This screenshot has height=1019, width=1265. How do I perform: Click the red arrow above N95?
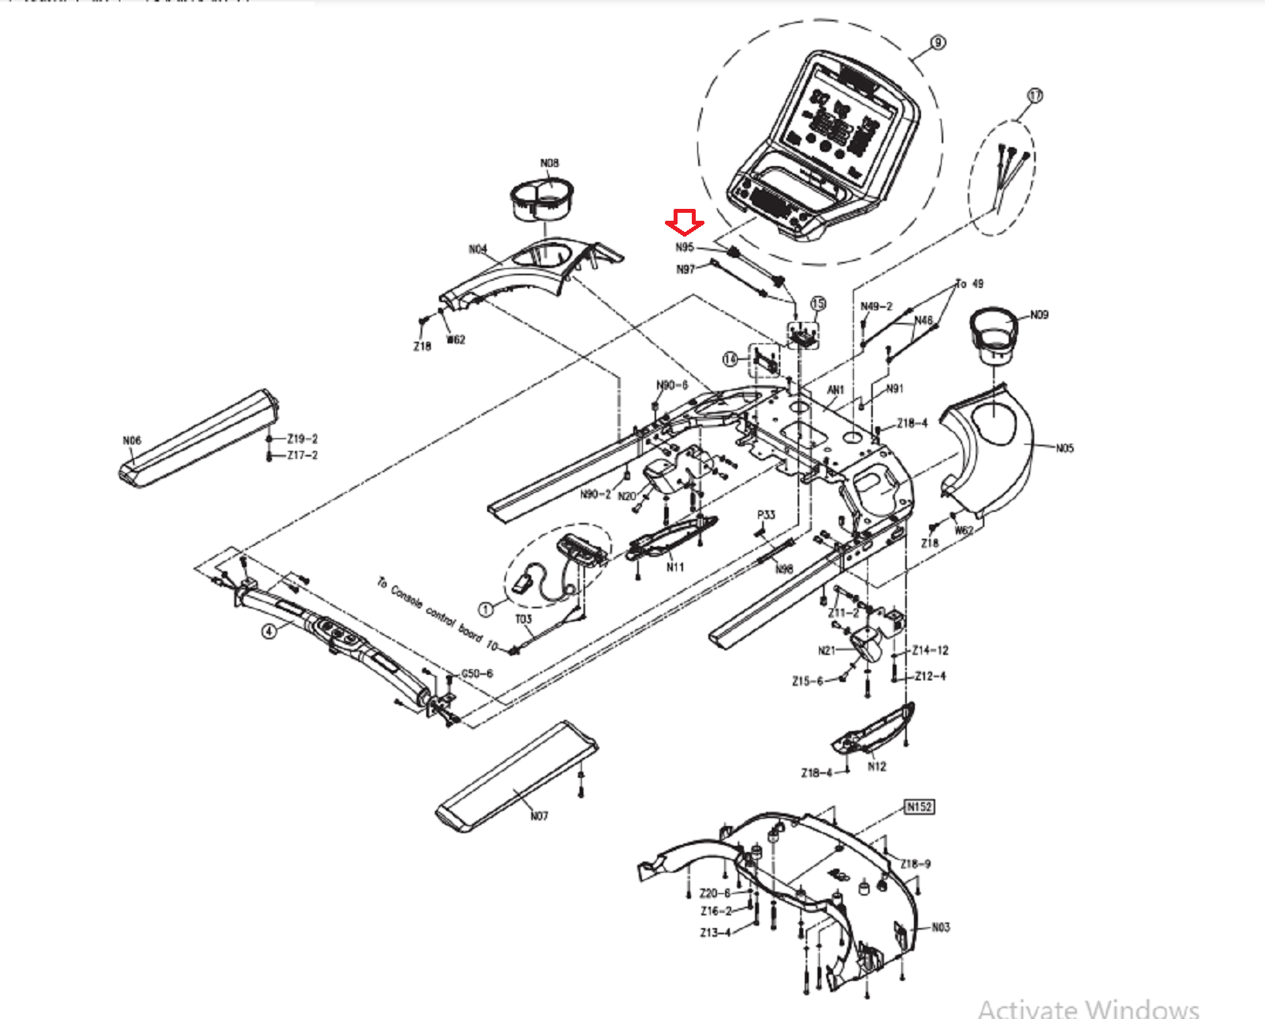tap(685, 222)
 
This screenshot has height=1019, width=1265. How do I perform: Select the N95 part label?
tap(685, 248)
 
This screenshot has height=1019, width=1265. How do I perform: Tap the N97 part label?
tap(685, 270)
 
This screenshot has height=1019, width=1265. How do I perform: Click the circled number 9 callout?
tap(938, 43)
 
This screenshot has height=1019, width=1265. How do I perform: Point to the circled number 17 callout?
tap(1035, 96)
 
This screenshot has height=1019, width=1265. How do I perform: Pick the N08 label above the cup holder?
tap(549, 163)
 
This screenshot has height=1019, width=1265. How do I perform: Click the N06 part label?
tap(132, 441)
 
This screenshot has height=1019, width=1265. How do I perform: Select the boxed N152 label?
tap(919, 807)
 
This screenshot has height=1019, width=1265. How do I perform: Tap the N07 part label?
tap(539, 816)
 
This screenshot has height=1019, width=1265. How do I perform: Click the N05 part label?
tap(1065, 449)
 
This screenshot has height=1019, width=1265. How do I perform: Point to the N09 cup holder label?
tap(1039, 315)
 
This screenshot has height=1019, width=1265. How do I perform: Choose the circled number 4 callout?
tap(270, 631)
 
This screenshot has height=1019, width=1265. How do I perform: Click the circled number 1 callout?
tap(486, 609)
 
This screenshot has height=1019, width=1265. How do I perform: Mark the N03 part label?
tap(941, 927)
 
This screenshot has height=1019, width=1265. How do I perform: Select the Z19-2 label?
tap(302, 438)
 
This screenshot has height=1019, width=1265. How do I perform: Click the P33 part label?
tap(766, 515)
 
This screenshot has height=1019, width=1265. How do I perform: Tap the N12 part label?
tap(877, 767)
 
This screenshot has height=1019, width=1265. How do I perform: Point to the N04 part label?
tap(478, 249)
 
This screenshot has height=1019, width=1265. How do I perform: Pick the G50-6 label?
tap(477, 673)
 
